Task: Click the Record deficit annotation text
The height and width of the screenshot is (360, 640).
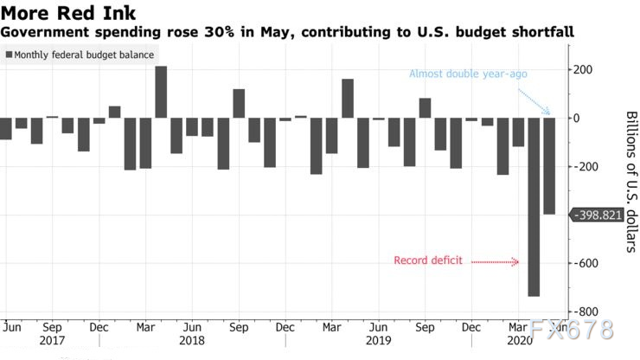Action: (x=427, y=260)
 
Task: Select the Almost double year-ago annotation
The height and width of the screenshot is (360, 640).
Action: (x=468, y=74)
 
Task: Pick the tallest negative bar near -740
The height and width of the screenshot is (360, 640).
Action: (x=534, y=208)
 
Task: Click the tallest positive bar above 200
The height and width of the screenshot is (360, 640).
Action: (x=161, y=92)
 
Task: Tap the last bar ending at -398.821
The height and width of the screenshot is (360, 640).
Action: (x=548, y=166)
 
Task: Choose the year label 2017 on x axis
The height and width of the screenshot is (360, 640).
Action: (x=52, y=343)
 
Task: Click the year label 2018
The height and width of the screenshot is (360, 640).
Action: (x=192, y=343)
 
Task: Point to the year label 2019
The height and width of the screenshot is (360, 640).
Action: (x=377, y=343)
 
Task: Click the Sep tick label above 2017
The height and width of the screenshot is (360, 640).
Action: (x=52, y=328)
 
